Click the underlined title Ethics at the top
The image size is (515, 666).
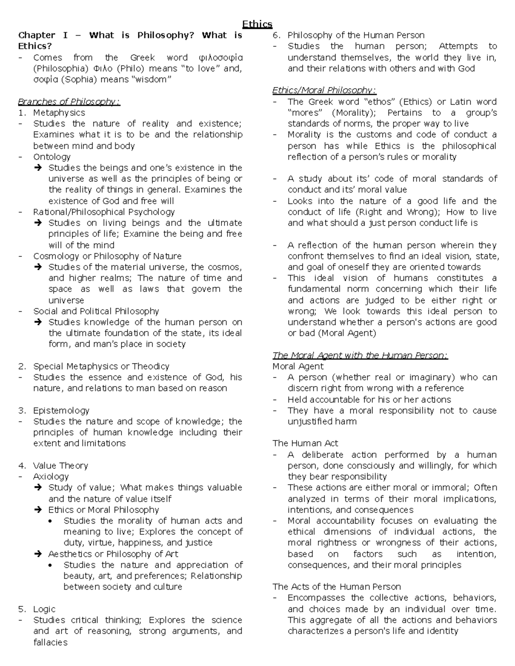click(x=257, y=24)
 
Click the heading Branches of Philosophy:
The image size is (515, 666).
click(x=69, y=102)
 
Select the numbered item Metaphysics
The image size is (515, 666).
click(x=59, y=113)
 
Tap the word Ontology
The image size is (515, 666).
click(x=52, y=157)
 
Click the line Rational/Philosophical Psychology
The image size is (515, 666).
click(x=104, y=212)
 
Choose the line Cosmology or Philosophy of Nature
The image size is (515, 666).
click(x=107, y=256)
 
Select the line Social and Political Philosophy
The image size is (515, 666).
click(x=96, y=311)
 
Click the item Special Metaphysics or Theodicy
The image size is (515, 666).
click(x=101, y=366)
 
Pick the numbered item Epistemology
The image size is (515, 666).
click(x=61, y=410)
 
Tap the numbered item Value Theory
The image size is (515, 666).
click(x=61, y=466)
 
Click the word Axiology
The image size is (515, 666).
click(x=51, y=476)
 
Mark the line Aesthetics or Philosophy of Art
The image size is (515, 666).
click(x=113, y=554)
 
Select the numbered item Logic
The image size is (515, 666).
click(x=44, y=609)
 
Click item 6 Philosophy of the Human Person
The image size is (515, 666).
click(x=356, y=35)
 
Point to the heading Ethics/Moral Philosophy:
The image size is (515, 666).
click(x=324, y=90)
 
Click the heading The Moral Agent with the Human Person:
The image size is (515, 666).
click(x=360, y=355)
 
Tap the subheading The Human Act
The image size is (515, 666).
click(x=305, y=443)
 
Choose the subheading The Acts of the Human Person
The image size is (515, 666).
click(x=336, y=587)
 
